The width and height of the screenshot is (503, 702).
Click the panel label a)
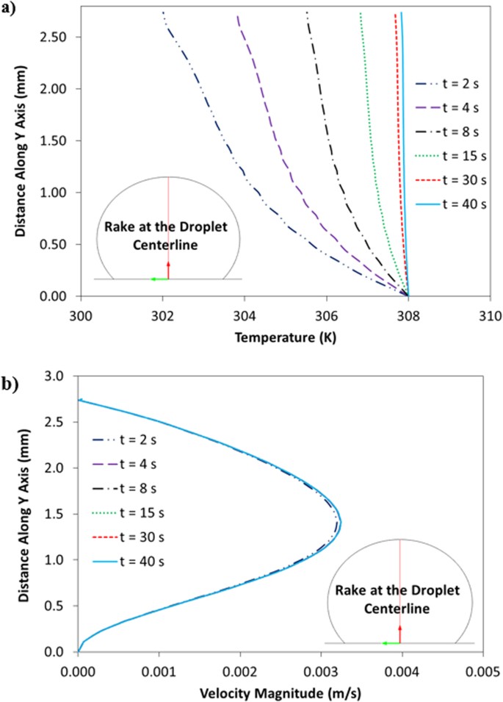10,10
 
